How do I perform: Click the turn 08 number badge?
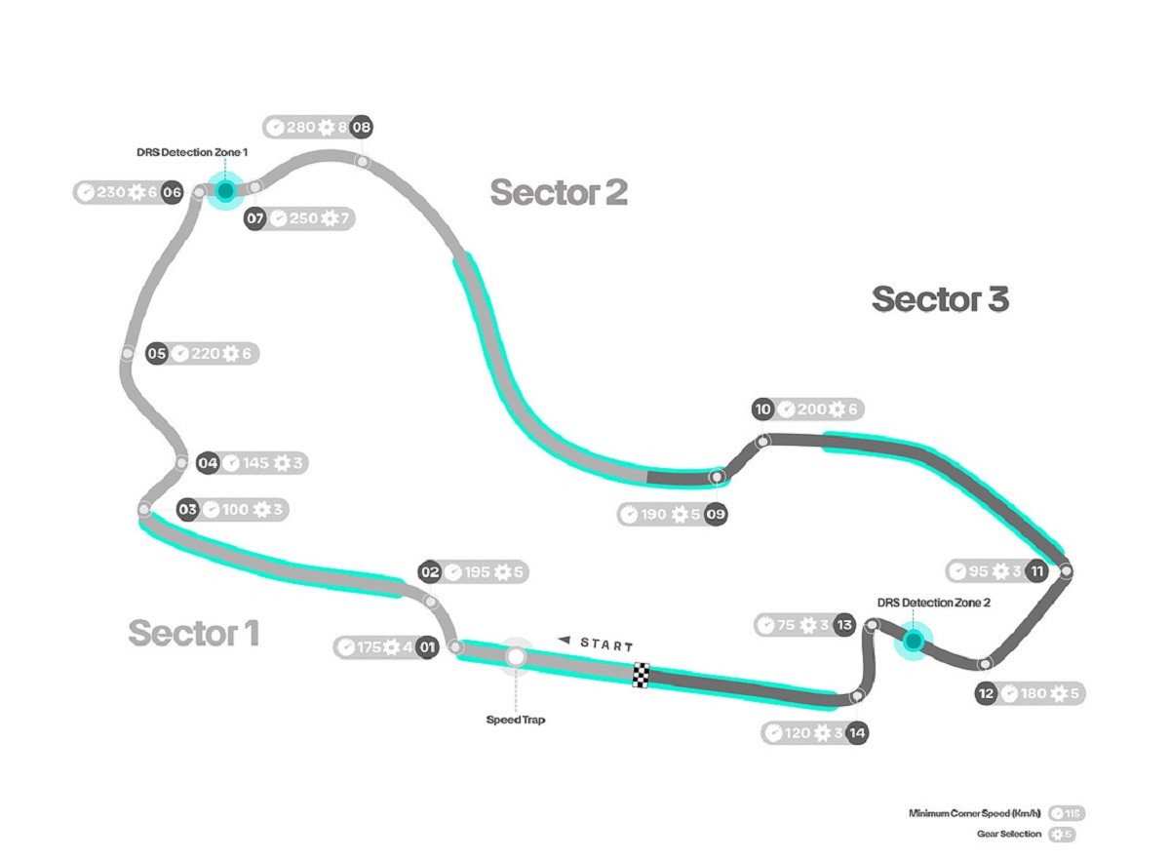[362, 127]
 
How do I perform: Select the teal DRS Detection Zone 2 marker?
[913, 641]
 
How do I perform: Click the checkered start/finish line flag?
[641, 675]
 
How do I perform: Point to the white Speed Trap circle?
[516, 658]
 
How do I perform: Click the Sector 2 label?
[559, 193]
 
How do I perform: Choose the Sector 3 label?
[940, 299]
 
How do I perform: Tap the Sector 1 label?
[194, 633]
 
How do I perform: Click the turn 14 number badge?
[857, 732]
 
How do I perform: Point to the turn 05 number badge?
[157, 354]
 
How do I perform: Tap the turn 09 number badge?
[716, 514]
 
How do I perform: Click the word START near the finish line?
[606, 644]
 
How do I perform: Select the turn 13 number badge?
[843, 625]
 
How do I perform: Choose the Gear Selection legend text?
[1008, 835]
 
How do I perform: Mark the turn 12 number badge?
[986, 693]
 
